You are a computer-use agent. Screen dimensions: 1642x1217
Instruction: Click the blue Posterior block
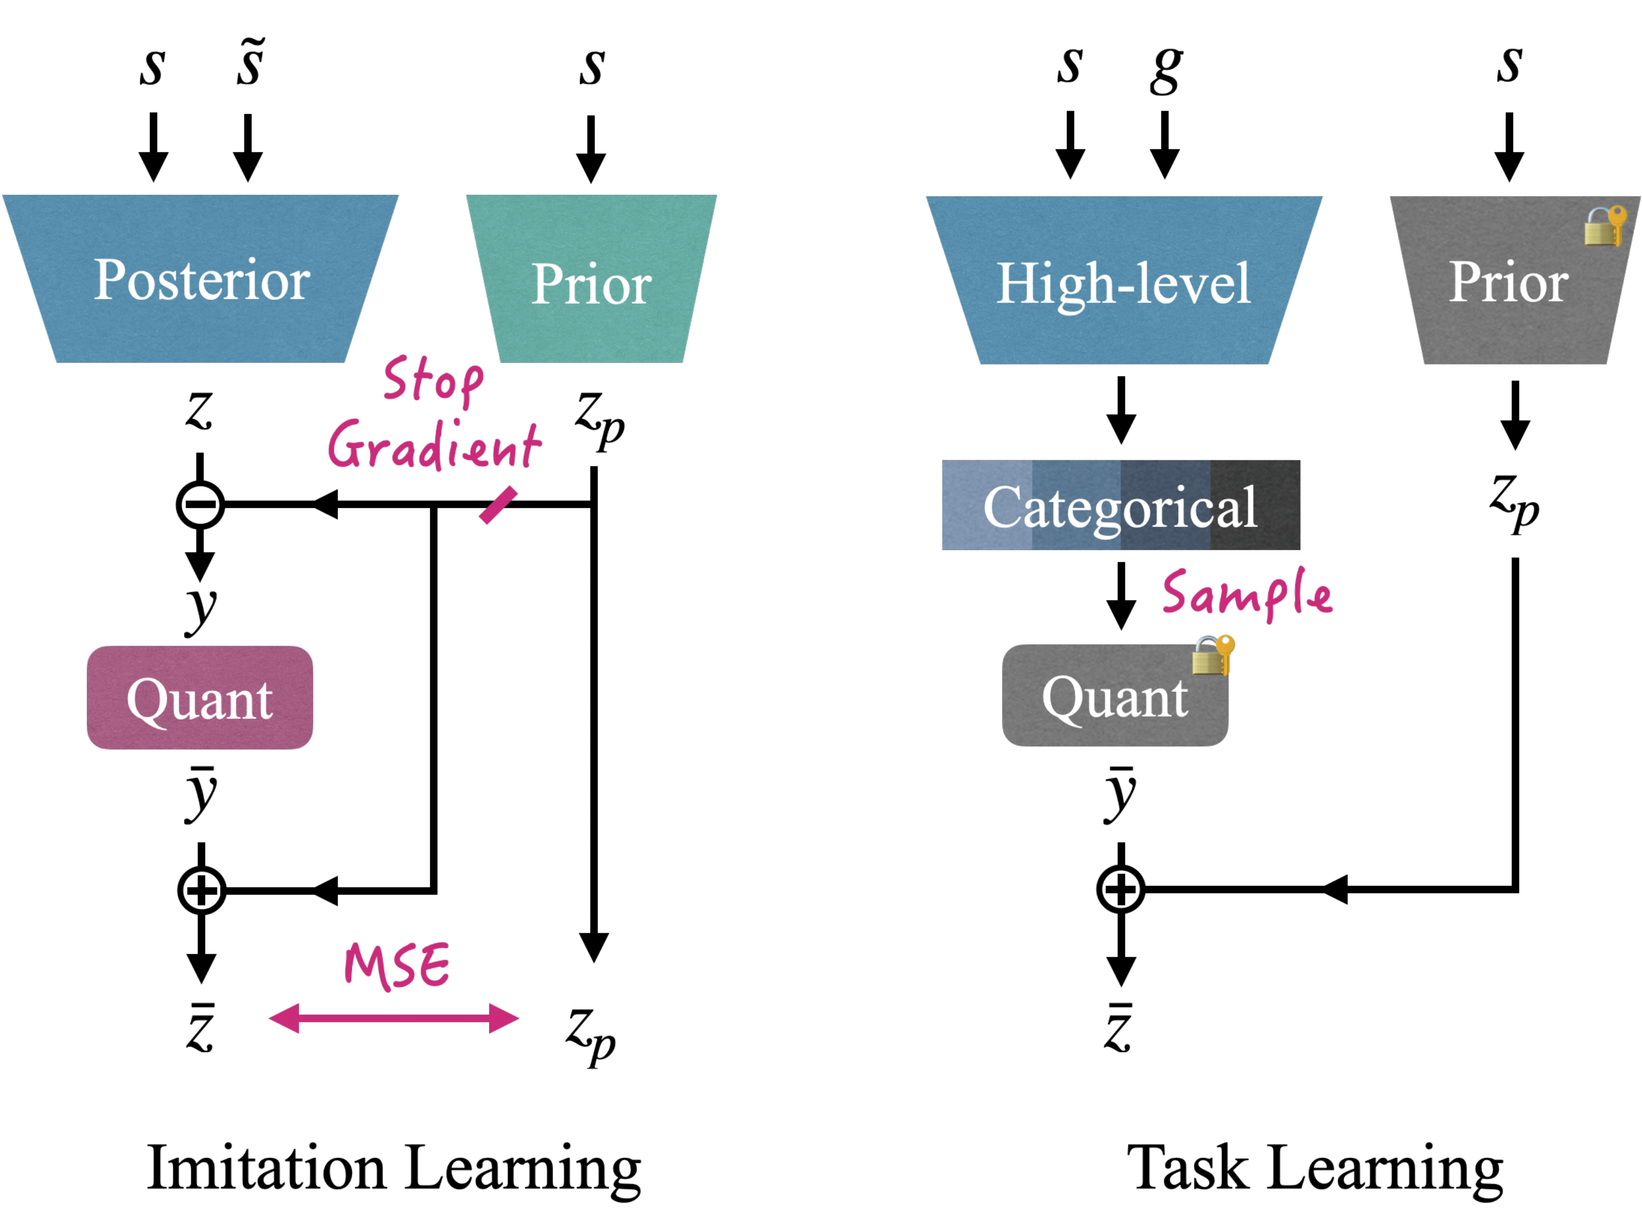tap(200, 278)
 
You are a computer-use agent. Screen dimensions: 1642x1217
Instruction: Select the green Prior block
tap(591, 278)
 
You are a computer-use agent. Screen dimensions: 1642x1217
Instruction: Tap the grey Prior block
tap(1515, 280)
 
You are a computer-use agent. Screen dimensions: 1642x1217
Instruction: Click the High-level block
tap(1124, 280)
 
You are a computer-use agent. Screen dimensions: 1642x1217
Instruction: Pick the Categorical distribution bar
tap(1121, 504)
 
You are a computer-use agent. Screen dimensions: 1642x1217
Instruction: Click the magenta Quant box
tap(200, 698)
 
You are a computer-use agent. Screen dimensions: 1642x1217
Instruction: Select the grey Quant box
tap(1115, 695)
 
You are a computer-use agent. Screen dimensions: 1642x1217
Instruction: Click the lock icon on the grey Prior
tap(1605, 225)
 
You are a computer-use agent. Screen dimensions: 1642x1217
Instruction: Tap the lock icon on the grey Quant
tap(1213, 655)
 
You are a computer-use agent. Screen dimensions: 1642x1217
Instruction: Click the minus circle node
tap(200, 504)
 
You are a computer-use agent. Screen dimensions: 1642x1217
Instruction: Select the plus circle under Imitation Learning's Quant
tap(201, 891)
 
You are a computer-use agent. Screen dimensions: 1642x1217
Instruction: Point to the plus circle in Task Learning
tap(1121, 889)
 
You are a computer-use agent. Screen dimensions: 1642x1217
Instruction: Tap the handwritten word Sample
tap(1247, 594)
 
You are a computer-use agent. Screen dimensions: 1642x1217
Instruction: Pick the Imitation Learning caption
tap(394, 1169)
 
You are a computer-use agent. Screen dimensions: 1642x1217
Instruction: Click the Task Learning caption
tap(1315, 1169)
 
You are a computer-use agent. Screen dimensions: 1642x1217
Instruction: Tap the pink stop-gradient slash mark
tap(498, 505)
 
